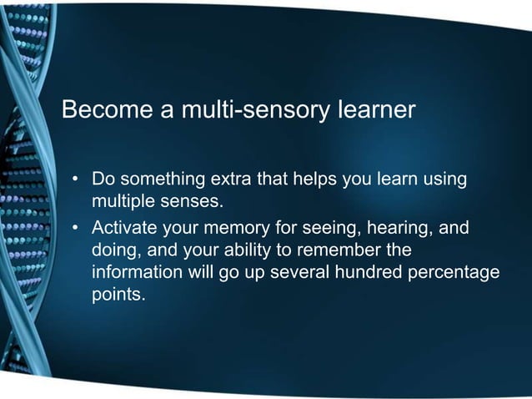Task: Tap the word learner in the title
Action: point(375,109)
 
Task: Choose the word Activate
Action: point(126,227)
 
